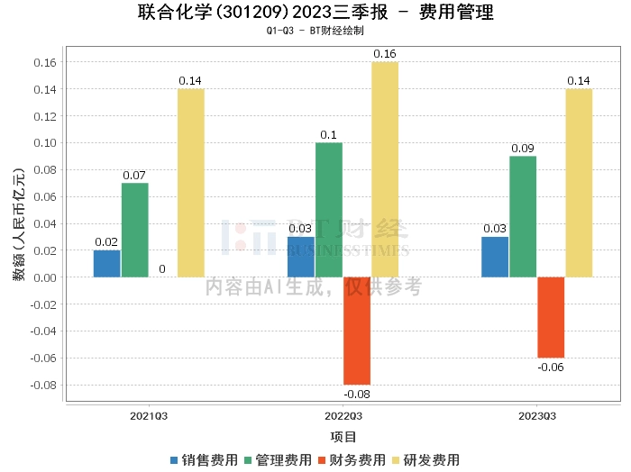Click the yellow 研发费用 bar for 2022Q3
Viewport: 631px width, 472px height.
(x=385, y=169)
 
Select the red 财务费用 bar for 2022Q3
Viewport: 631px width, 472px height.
(x=357, y=331)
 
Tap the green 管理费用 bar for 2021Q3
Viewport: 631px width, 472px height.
(x=135, y=230)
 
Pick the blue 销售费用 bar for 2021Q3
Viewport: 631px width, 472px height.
(x=107, y=263)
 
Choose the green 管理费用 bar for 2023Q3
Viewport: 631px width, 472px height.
(x=523, y=216)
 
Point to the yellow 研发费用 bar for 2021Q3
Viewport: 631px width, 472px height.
(x=191, y=183)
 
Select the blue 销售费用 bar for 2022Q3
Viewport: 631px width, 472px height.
(x=301, y=257)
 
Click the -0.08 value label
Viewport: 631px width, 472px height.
(x=357, y=394)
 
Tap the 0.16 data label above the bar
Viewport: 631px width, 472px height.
(x=385, y=54)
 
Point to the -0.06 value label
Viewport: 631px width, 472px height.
(x=551, y=367)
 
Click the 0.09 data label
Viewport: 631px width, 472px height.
(x=523, y=149)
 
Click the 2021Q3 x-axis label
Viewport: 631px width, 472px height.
(x=149, y=416)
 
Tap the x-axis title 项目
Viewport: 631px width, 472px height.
(x=343, y=437)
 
